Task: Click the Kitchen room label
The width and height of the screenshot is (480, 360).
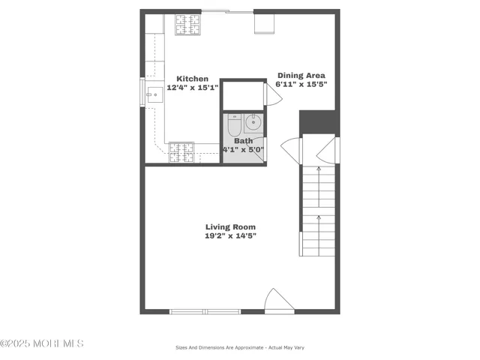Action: click(x=192, y=78)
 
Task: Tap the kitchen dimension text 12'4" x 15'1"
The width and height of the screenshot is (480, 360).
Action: click(x=192, y=87)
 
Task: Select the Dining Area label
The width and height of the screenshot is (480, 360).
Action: click(x=301, y=75)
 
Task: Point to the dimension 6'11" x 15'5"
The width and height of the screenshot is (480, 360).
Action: click(x=301, y=84)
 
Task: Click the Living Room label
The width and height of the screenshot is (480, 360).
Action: click(x=230, y=226)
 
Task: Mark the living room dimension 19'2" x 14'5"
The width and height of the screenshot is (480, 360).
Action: click(x=230, y=235)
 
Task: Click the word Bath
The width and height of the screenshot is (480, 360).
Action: click(x=243, y=141)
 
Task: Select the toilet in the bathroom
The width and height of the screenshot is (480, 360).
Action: click(x=233, y=124)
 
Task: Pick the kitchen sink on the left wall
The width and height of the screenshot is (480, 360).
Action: click(x=154, y=94)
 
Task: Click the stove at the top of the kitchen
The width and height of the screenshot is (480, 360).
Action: click(x=187, y=25)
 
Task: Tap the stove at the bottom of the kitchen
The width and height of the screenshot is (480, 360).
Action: click(x=181, y=151)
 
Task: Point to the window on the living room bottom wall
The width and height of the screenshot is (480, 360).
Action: click(x=204, y=311)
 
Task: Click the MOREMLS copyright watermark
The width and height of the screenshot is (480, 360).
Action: click(x=42, y=343)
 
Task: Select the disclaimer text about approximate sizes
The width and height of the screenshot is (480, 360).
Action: click(x=239, y=347)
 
